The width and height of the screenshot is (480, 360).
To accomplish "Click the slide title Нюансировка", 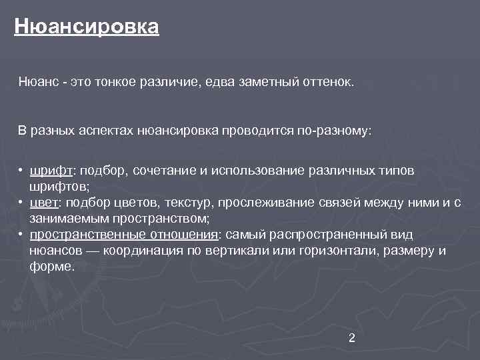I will [87, 27].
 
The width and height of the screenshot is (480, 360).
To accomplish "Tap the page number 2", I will [352, 338].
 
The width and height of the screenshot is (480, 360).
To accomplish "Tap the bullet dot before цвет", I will [22, 203].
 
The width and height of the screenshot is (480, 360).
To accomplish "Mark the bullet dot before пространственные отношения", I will [22, 235].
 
